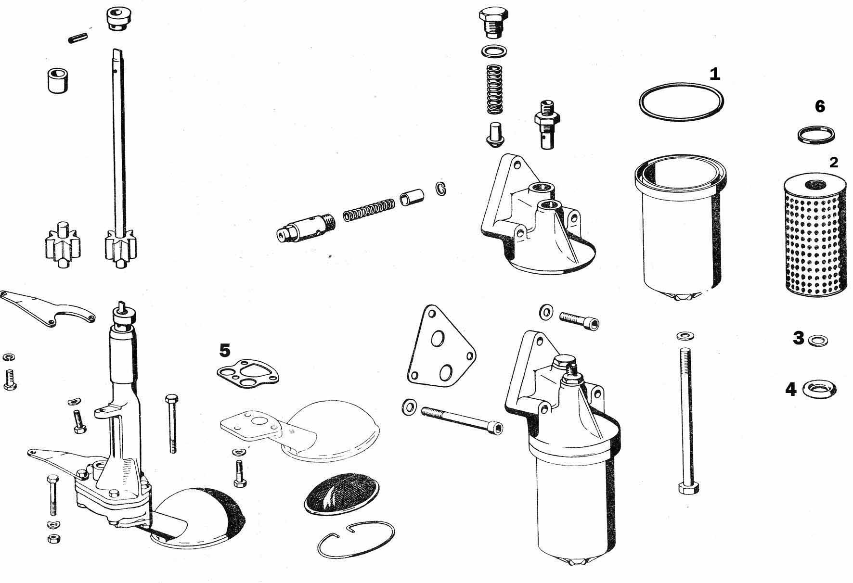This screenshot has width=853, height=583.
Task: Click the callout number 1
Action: pos(715,74)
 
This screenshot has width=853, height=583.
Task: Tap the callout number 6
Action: pos(820,106)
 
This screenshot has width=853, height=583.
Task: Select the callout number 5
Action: pos(224,350)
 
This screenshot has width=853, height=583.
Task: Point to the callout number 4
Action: pos(791,389)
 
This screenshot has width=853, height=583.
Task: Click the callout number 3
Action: pos(799,338)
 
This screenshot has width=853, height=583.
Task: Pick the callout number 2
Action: pos(834,163)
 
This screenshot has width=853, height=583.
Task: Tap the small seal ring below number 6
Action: pos(816,134)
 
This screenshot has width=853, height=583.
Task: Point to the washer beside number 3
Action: pos(818,341)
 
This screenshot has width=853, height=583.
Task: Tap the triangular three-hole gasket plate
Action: pos(439,345)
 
